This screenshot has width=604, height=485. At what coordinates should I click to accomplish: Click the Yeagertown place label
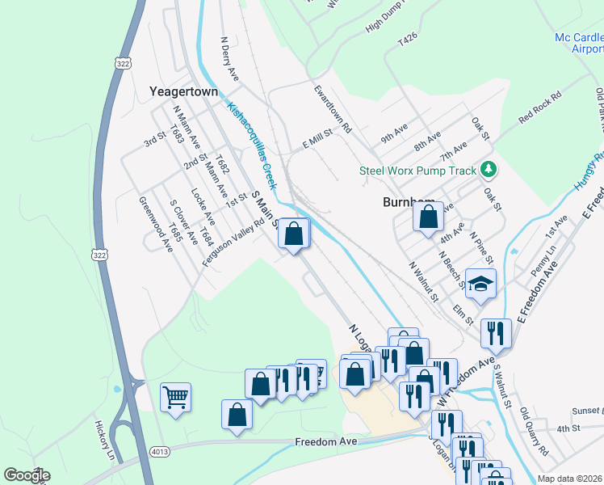pyautogui.click(x=184, y=91)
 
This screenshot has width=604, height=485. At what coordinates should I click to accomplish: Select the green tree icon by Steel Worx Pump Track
pyautogui.click(x=487, y=170)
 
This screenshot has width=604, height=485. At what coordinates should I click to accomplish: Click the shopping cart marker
pyautogui.click(x=175, y=398)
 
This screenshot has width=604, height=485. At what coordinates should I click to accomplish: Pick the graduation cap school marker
pyautogui.click(x=480, y=285)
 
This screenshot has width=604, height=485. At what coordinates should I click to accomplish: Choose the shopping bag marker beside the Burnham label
pyautogui.click(x=428, y=217)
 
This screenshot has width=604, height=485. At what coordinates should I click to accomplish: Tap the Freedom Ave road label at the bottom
pyautogui.click(x=325, y=442)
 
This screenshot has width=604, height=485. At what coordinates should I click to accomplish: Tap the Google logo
pyautogui.click(x=27, y=475)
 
